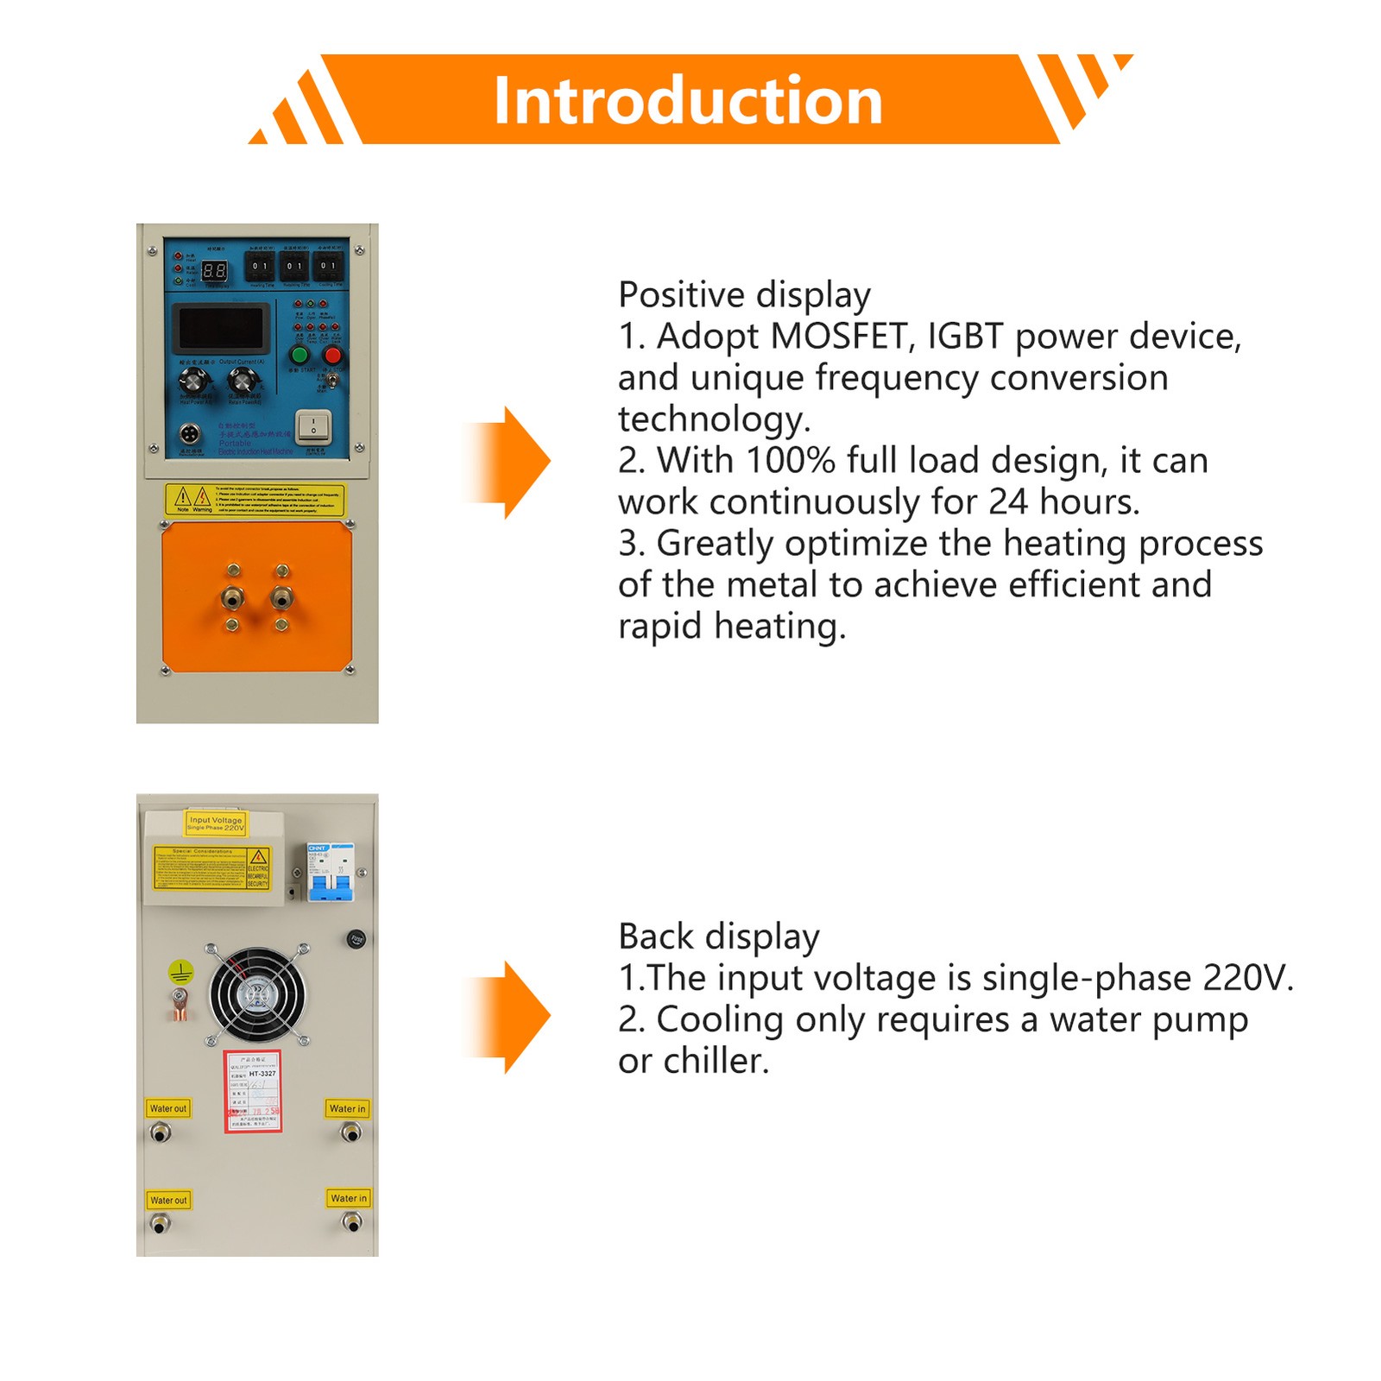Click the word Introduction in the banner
point(688,101)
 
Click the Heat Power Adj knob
point(194,380)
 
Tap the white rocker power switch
point(312,425)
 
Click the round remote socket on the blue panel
point(189,433)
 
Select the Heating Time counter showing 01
point(260,266)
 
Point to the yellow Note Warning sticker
point(255,499)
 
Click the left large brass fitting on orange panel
point(232,596)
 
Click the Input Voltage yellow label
point(216,823)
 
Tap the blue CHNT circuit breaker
point(331,872)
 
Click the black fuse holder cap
point(356,939)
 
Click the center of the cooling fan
point(255,996)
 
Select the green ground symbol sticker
point(180,973)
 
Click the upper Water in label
point(348,1108)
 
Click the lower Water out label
point(168,1200)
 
